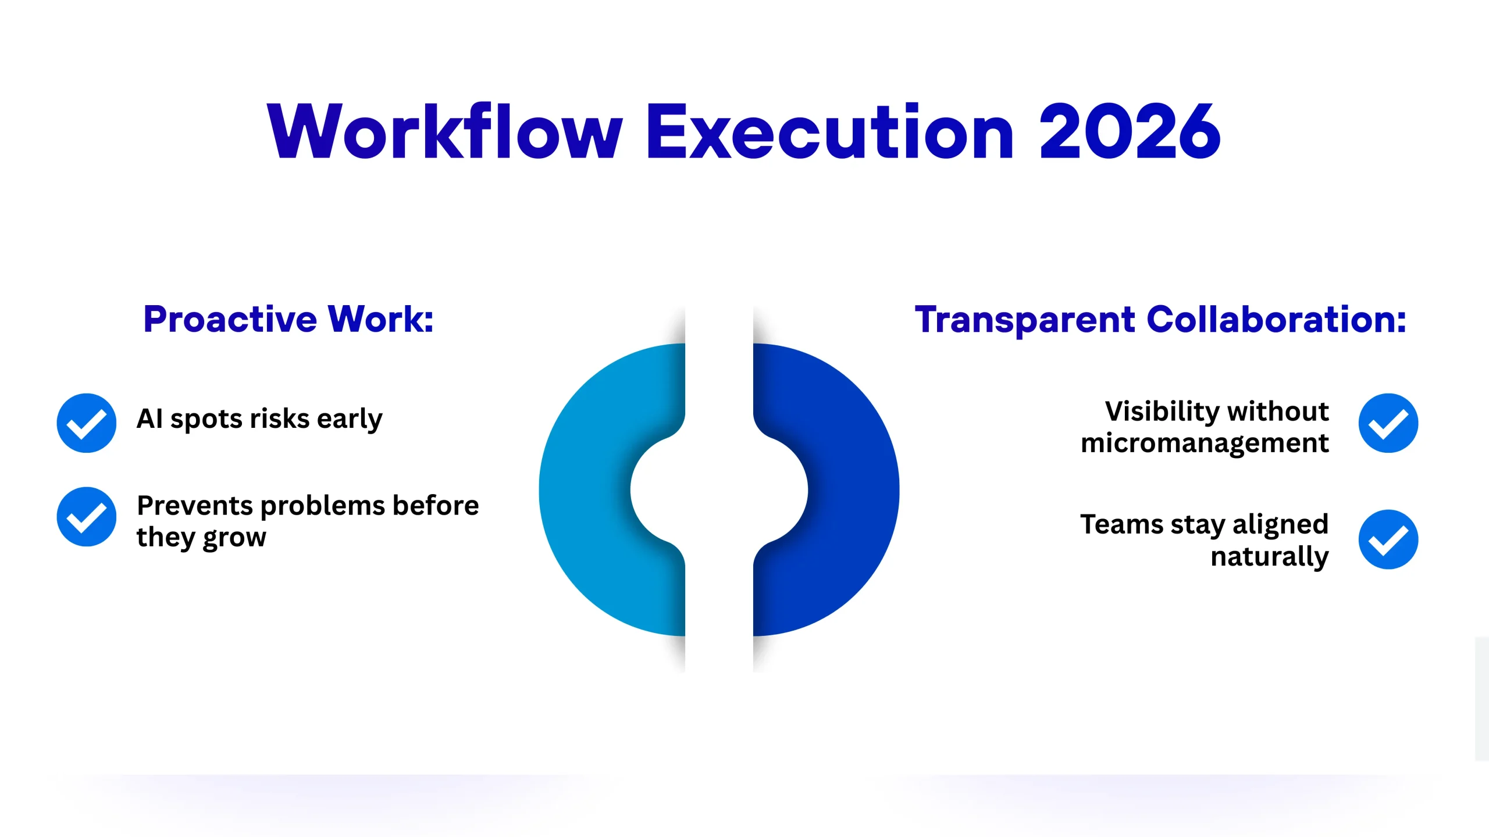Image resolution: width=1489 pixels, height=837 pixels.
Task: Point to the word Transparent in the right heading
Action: coord(1025,319)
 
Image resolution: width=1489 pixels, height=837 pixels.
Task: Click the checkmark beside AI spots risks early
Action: coord(86,423)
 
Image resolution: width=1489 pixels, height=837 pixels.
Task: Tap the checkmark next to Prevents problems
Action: coord(86,516)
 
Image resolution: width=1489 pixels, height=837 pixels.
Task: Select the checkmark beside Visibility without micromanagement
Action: coord(1388,423)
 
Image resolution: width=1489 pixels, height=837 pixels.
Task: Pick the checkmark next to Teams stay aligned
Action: coord(1388,539)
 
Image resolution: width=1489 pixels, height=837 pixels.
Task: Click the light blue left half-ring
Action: coord(587,489)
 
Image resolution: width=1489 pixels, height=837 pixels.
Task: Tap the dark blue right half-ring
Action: coord(852,489)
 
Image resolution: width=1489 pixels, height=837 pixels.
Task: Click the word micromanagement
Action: coord(1205,443)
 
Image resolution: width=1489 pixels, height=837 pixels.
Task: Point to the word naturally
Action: coord(1270,557)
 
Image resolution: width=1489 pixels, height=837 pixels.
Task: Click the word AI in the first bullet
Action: coord(149,419)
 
